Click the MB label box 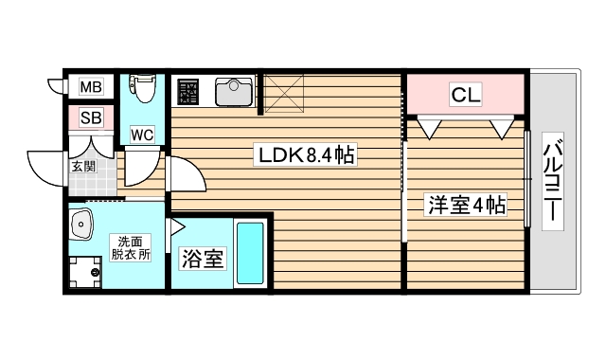pos(90,87)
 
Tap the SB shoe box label pos(90,117)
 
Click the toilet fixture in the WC pos(143,90)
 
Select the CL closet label pos(465,94)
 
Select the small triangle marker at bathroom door pos(176,226)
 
